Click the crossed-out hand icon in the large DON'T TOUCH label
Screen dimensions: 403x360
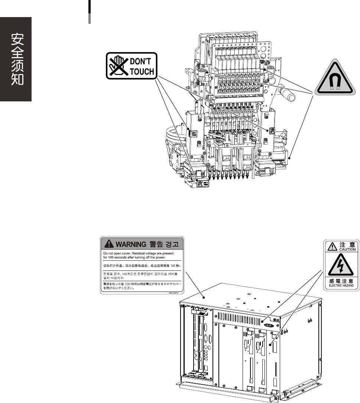pyautogui.click(x=117, y=66)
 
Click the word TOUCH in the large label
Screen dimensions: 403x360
pyautogui.click(x=142, y=71)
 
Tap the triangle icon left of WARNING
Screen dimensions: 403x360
pyautogui.click(x=108, y=244)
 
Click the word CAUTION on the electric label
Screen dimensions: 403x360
pyautogui.click(x=347, y=249)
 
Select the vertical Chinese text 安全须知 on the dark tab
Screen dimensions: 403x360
pyautogui.click(x=16, y=59)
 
